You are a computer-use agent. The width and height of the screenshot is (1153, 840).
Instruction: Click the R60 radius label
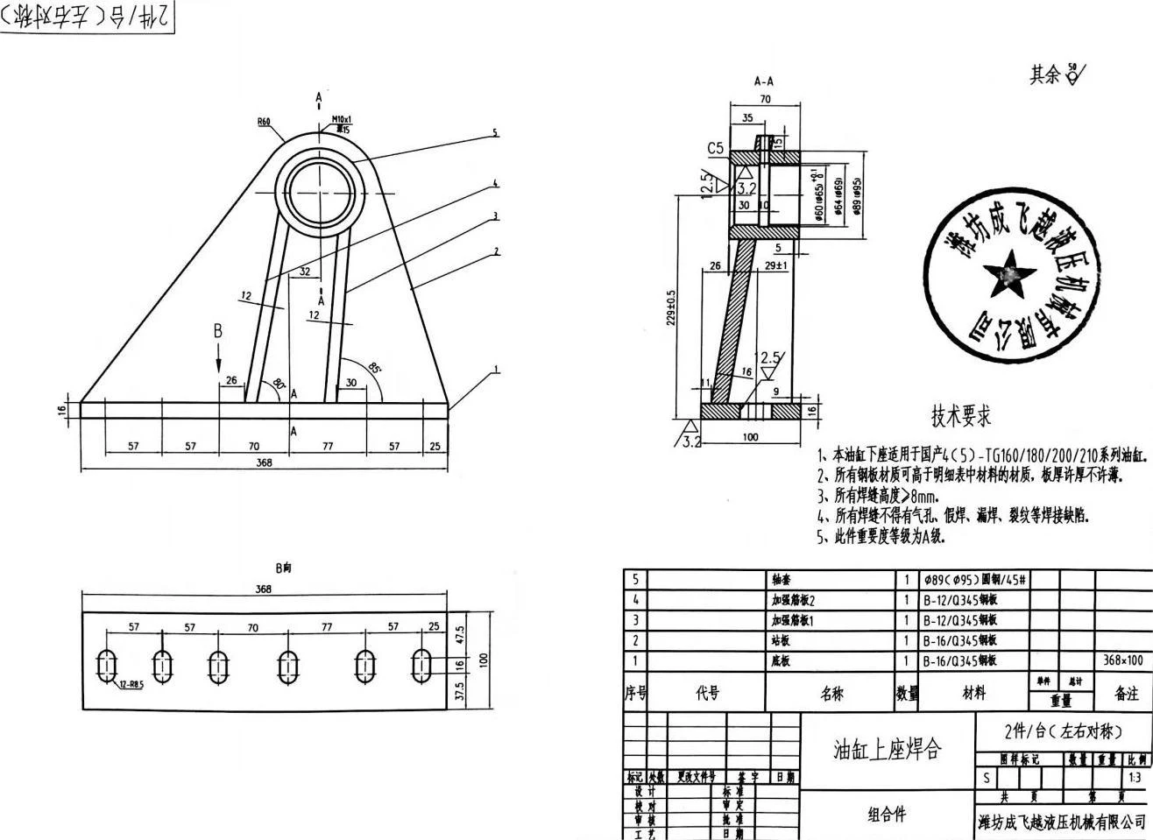pyautogui.click(x=264, y=122)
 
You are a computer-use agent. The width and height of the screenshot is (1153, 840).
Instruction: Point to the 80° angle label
pyautogui.click(x=279, y=383)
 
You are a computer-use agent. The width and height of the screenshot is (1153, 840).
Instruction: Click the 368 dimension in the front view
pyautogui.click(x=264, y=463)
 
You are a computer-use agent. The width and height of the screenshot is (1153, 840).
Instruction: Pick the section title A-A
pyautogui.click(x=764, y=81)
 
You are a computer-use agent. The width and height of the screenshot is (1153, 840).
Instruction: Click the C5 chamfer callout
pyautogui.click(x=716, y=148)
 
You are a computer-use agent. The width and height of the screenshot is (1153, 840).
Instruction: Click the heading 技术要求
pyautogui.click(x=961, y=415)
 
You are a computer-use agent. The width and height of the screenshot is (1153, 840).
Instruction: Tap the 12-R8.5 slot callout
pyautogui.click(x=129, y=684)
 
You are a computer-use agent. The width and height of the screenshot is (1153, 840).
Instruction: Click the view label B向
pyautogui.click(x=283, y=568)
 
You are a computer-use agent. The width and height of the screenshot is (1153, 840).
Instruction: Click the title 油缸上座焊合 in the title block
pyautogui.click(x=887, y=749)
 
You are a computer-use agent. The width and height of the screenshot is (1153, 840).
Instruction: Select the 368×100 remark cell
pyautogui.click(x=1122, y=660)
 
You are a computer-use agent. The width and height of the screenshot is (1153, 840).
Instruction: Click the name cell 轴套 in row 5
pyautogui.click(x=781, y=580)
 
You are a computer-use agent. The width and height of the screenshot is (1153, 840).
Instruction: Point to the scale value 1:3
pyautogui.click(x=1135, y=778)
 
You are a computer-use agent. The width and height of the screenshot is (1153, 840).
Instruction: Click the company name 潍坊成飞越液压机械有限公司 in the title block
pyautogui.click(x=1061, y=821)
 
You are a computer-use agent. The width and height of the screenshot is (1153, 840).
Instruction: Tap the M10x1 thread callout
pyautogui.click(x=341, y=119)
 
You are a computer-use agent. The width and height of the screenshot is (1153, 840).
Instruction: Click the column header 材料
pyautogui.click(x=973, y=693)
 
